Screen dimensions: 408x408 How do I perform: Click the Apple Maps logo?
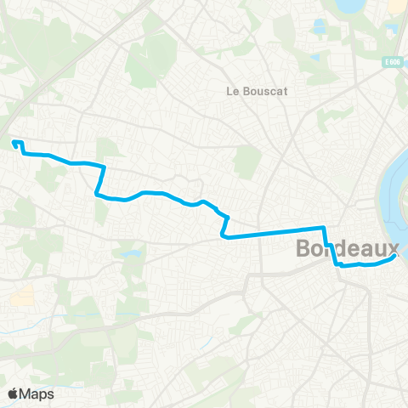[x=30, y=394]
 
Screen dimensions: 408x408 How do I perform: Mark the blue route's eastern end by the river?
[x=395, y=257]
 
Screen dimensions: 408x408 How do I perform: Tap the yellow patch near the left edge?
[x=21, y=297]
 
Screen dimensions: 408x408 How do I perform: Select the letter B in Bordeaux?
[x=305, y=249]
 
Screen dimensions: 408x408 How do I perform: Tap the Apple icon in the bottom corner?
[x=13, y=393]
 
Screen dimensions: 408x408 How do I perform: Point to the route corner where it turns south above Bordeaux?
[x=323, y=228]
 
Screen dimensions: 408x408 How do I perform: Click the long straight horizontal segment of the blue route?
[x=272, y=232]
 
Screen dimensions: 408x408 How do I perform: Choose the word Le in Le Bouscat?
[x=232, y=91]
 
